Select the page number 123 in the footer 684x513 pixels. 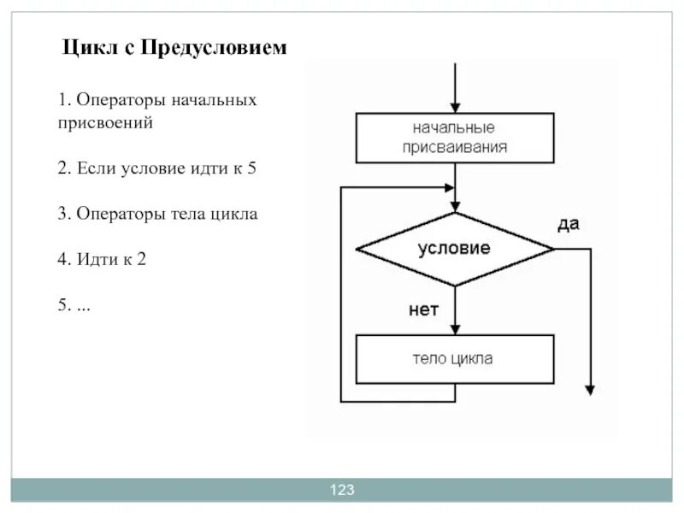342,490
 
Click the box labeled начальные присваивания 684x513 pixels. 455,138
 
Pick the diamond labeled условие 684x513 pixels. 455,249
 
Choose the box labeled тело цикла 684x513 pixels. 455,359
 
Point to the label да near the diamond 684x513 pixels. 569,224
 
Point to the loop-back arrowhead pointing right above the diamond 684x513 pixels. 450,186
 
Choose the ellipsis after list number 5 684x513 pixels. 83,304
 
